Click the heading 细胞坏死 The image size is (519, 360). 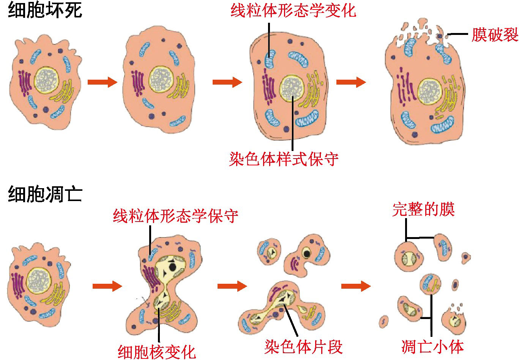pos(45,10)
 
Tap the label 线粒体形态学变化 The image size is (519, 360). pos(293,11)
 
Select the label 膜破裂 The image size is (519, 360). pos(495,35)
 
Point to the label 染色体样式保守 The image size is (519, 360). pos(284,159)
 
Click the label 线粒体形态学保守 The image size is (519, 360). pos(175,216)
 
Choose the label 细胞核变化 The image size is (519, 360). pos(157,352)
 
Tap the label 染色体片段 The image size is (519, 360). pos(303,347)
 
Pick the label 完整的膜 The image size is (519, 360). pos(424,209)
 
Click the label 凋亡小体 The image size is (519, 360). pos(432,347)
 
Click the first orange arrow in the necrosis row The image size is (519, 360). pos(103,82)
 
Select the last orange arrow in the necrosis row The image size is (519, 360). pos(351,82)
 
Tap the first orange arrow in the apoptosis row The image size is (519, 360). pos(107,286)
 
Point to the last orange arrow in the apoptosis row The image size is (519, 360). pos(356,286)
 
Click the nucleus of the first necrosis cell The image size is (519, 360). pos(47,80)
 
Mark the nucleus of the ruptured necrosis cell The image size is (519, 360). pos(429,91)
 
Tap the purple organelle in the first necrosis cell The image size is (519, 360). pos(25,83)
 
